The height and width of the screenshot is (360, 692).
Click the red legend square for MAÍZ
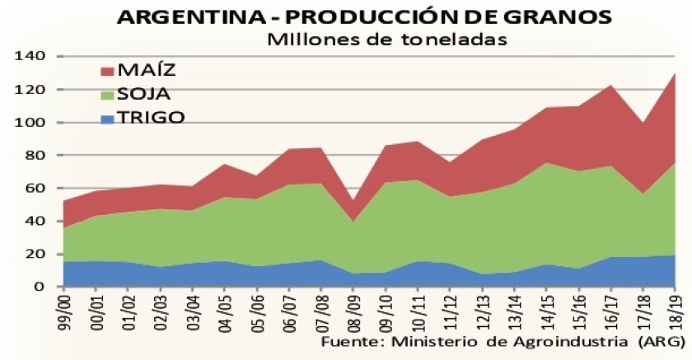105,69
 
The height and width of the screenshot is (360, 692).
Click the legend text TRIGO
150,117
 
